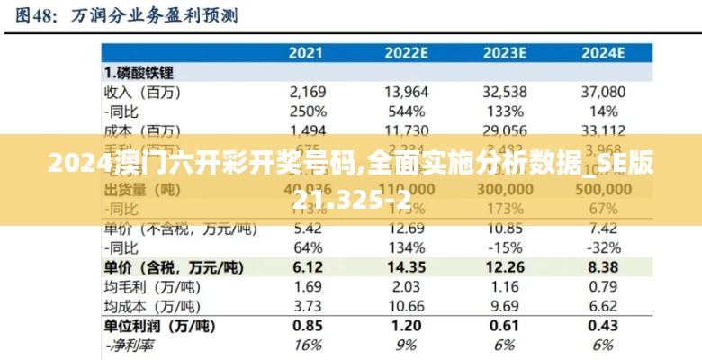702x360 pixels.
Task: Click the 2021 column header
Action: coord(307,52)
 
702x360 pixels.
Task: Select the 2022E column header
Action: coord(406,52)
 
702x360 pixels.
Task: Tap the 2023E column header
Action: coord(504,52)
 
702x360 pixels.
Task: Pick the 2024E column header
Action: coord(603,52)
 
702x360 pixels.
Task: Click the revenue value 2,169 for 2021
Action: coord(308,92)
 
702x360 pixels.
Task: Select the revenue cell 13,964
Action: coord(406,92)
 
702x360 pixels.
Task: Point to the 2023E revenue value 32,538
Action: coord(504,92)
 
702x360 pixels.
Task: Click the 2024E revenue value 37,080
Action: coord(603,92)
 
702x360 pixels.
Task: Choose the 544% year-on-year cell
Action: coord(406,112)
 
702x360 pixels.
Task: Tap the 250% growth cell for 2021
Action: coord(308,112)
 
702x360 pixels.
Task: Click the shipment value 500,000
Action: coord(603,191)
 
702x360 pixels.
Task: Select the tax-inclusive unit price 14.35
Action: coord(406,267)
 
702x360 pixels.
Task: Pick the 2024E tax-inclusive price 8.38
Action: coord(603,267)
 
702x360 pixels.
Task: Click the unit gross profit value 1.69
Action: coord(308,287)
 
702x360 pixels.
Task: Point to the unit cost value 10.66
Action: coord(406,307)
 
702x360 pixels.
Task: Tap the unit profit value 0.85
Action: coord(308,326)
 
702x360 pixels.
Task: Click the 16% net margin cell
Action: coord(308,346)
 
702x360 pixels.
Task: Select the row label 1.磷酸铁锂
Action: coord(139,72)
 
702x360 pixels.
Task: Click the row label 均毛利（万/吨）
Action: coord(143,287)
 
